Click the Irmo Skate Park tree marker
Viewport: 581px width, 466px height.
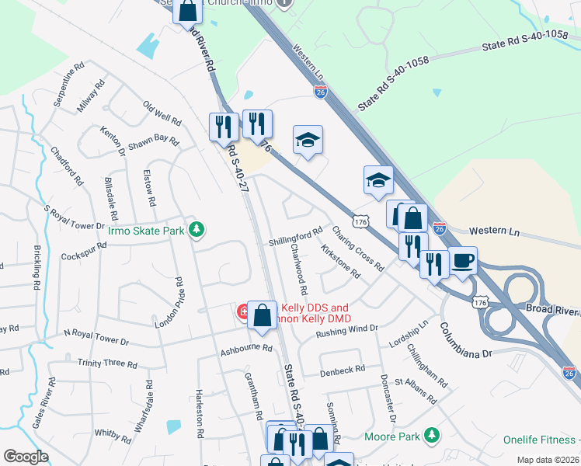coord(198,228)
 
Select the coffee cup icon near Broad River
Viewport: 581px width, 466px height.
coord(464,261)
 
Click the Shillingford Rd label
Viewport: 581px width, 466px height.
coord(296,235)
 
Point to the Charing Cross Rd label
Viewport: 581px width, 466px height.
coord(358,248)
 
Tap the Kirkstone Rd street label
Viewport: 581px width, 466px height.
coord(340,262)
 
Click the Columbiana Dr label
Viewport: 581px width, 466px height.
coord(467,340)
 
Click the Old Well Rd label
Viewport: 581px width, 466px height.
coord(162,113)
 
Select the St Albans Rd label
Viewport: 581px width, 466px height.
coord(416,390)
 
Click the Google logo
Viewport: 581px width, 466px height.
coord(26,457)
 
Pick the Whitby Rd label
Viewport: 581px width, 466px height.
coord(113,434)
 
